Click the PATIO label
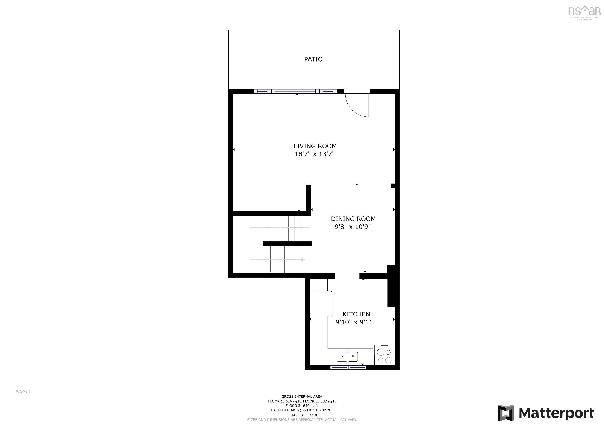click(x=313, y=59)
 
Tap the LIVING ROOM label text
click(x=315, y=146)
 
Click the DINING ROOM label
click(x=353, y=219)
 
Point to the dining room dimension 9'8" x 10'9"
click(x=352, y=227)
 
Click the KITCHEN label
click(x=356, y=314)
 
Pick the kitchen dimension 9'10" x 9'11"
click(x=355, y=322)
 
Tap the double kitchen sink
click(x=347, y=357)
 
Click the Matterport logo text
click(x=556, y=413)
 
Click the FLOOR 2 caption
click(x=23, y=392)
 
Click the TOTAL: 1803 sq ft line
click(x=302, y=415)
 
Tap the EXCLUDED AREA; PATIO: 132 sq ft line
click(x=300, y=410)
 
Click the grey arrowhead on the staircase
click(x=303, y=260)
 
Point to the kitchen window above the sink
click(x=348, y=367)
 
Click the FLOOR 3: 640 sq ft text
click(x=302, y=406)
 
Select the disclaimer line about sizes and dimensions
click(x=302, y=420)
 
